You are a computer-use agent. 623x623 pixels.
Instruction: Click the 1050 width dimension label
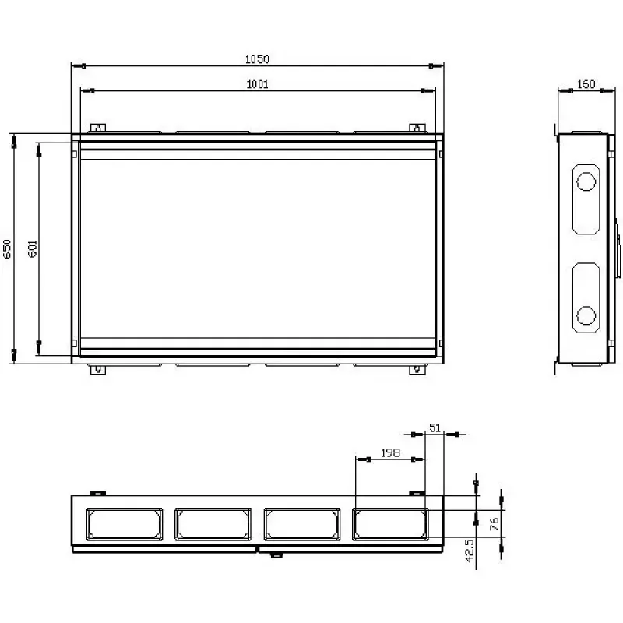tap(257, 59)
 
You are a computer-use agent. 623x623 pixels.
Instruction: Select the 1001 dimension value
tap(258, 84)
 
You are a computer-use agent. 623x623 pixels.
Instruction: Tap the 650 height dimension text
tap(7, 249)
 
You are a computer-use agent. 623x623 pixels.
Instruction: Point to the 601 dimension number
tap(33, 248)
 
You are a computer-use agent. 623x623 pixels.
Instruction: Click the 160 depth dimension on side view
tap(586, 84)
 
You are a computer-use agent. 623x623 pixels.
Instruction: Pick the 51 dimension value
tap(435, 428)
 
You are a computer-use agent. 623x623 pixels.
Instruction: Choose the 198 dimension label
tap(390, 453)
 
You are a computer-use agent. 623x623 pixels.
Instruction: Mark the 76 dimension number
tap(495, 524)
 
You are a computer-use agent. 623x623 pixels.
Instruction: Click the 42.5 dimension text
tap(470, 551)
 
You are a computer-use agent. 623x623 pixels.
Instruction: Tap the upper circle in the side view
tap(586, 182)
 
